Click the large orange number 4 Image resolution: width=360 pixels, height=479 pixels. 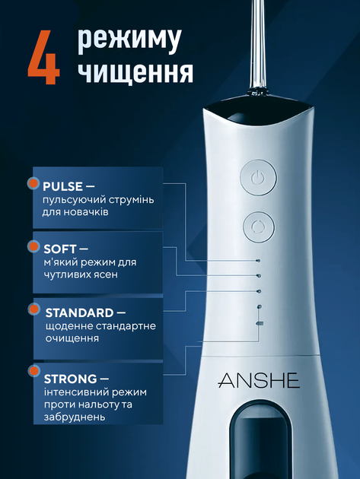(x=43, y=57)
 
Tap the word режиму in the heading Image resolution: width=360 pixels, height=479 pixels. (x=129, y=40)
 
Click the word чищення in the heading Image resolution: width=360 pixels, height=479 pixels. (x=135, y=72)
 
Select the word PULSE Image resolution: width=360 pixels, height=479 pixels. (x=62, y=186)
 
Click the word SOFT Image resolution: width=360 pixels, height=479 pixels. (x=59, y=249)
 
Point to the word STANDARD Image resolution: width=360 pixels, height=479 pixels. (x=79, y=312)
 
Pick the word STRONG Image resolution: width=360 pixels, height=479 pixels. (x=70, y=379)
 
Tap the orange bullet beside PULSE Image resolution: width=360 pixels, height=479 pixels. (x=33, y=182)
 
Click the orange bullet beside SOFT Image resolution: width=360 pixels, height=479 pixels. (x=33, y=246)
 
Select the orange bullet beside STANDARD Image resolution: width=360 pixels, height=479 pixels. (x=34, y=309)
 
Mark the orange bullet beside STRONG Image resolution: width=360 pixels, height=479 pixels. (x=33, y=371)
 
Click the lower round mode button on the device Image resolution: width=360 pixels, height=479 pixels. (x=259, y=227)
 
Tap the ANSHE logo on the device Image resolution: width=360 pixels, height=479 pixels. (x=259, y=380)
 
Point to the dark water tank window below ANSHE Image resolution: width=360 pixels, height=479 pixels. (x=259, y=440)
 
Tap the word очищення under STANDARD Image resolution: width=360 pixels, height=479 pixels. (x=72, y=339)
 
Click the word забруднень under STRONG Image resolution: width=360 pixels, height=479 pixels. (x=75, y=417)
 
